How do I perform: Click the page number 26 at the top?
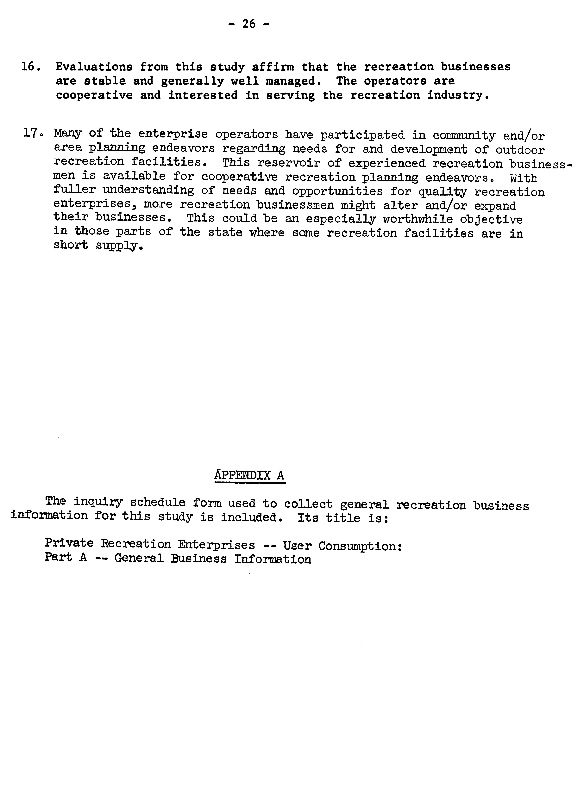pyautogui.click(x=249, y=24)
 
